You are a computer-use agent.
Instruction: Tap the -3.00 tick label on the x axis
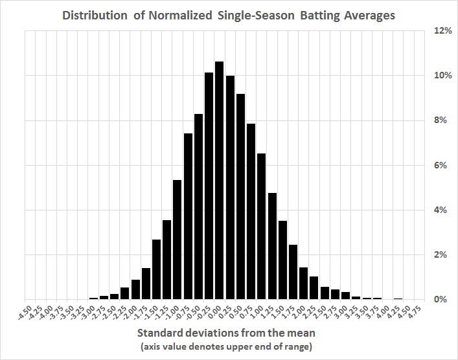(x=87, y=314)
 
